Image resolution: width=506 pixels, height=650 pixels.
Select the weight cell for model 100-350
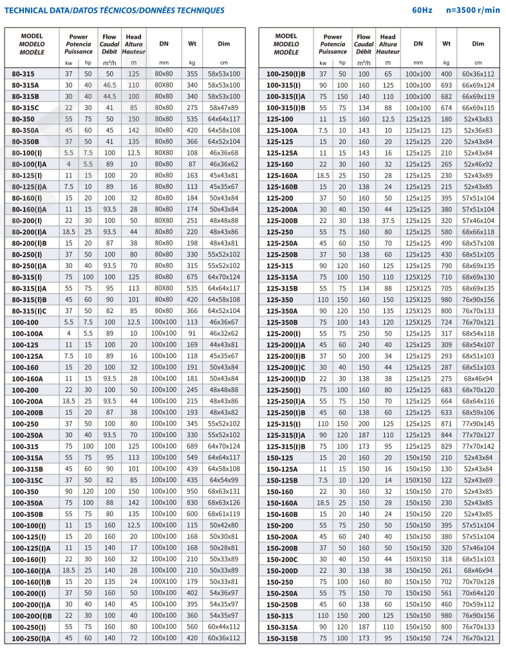[x=192, y=491]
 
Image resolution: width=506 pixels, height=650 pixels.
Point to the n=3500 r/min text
[x=473, y=10]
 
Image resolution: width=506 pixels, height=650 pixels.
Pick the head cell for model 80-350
[x=133, y=119]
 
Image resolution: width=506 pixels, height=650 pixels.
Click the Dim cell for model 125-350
[x=478, y=300]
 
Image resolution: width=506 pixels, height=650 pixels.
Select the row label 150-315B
[x=283, y=638]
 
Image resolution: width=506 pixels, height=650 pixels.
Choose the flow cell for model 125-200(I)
[x=364, y=334]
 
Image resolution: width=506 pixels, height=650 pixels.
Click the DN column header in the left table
[x=164, y=44]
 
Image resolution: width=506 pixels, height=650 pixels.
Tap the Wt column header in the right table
[x=446, y=44]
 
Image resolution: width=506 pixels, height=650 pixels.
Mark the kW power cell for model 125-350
[x=323, y=300]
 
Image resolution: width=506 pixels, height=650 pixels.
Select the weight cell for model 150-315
[x=446, y=615]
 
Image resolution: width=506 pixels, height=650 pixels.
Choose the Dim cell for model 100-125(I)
[x=223, y=536]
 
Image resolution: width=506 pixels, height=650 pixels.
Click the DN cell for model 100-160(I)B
[x=164, y=581]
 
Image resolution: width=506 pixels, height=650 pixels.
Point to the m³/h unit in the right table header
[x=364, y=63]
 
